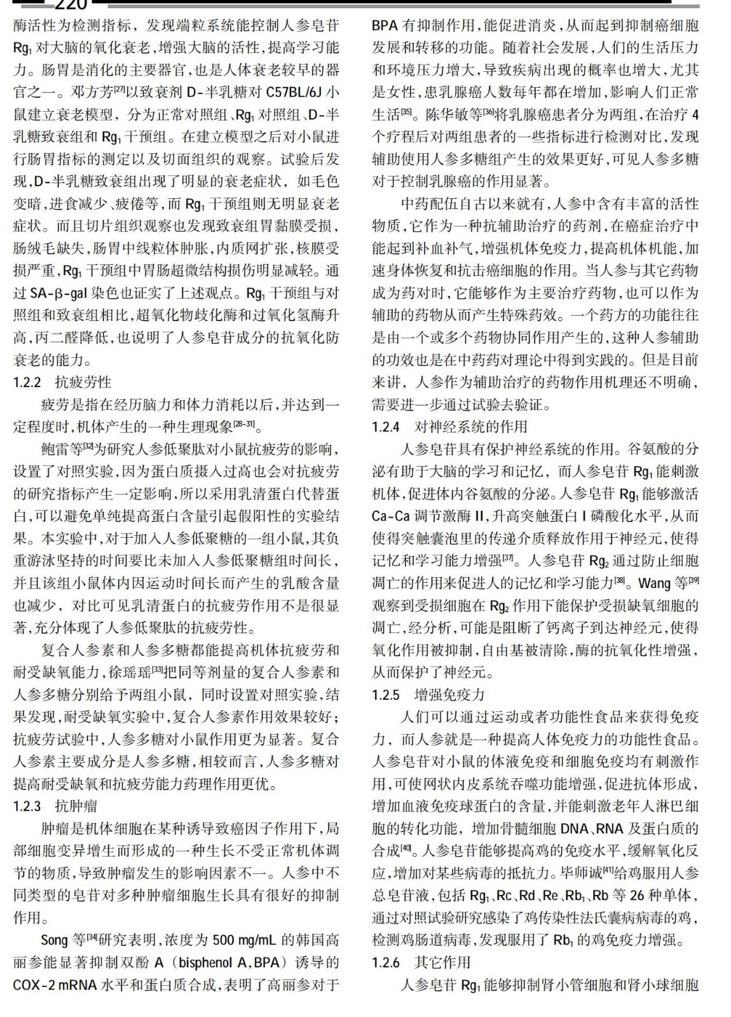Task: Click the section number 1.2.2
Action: (x=27, y=383)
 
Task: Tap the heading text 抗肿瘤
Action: (x=76, y=807)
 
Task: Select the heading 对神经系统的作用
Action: (x=471, y=427)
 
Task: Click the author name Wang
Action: (x=654, y=584)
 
